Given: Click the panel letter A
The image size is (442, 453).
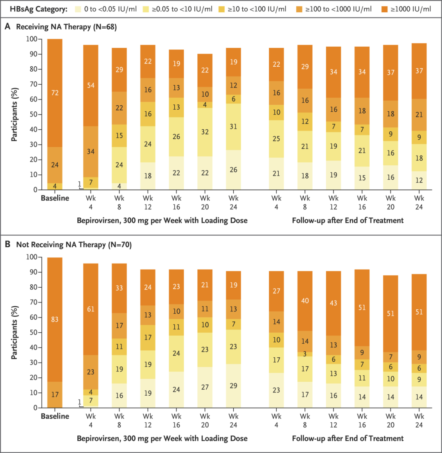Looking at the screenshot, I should [7, 27].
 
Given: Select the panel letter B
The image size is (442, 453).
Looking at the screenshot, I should [7, 245].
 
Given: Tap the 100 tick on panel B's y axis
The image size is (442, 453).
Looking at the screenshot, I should [31, 257].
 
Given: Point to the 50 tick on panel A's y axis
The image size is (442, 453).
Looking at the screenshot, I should [33, 115].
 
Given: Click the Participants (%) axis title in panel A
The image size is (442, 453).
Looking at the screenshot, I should [15, 115].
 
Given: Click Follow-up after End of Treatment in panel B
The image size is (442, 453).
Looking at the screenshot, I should [347, 439].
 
